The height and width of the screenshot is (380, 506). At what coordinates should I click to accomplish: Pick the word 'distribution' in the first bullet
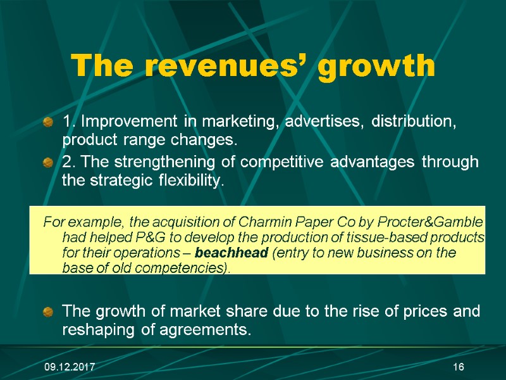413,121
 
